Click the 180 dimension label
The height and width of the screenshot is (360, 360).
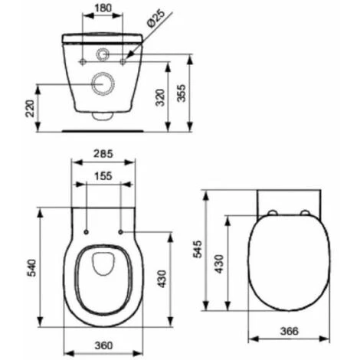click(103, 8)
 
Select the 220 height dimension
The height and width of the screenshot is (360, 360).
click(31, 109)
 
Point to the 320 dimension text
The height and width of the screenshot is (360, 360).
click(161, 97)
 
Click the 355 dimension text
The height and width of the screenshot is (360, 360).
click(182, 93)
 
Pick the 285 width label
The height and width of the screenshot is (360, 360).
click(103, 154)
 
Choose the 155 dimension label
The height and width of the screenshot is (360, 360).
click(103, 175)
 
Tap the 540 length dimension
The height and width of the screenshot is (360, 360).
click(32, 268)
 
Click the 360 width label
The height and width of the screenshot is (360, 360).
click(103, 345)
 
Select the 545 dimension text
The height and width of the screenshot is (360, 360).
click(198, 249)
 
